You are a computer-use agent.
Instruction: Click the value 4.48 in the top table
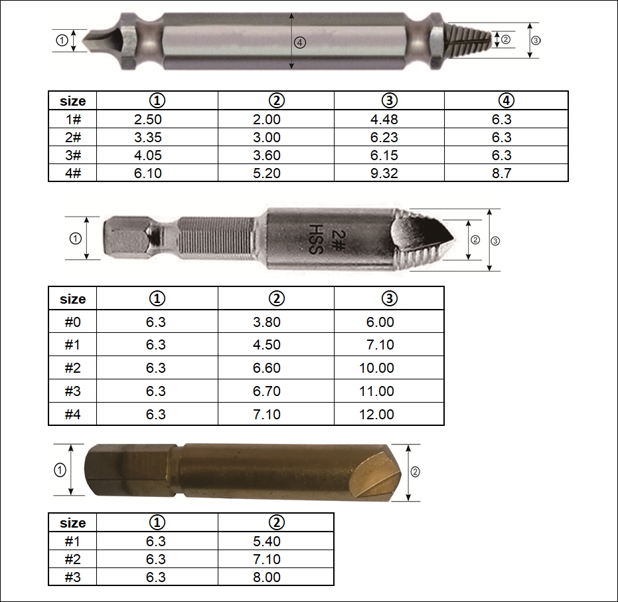pos(384,119)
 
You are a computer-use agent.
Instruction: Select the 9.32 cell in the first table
pos(384,173)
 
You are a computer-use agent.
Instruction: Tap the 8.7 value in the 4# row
pos(501,173)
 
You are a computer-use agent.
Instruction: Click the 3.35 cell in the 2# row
pos(148,138)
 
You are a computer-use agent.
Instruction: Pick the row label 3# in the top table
pos(73,155)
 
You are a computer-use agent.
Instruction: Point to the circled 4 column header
pos(506,100)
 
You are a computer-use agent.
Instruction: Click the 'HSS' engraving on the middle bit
pos(316,239)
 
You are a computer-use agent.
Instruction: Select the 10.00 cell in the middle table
pos(376,367)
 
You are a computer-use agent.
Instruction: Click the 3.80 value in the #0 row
pos(266,322)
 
